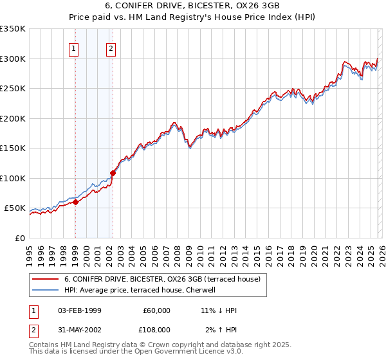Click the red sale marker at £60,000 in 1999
tap(75, 202)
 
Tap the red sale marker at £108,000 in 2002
tap(113, 173)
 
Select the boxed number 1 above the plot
tap(75, 48)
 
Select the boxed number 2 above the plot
tap(111, 48)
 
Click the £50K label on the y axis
tap(15, 208)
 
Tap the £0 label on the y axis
tap(19, 238)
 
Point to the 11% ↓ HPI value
tap(219, 310)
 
